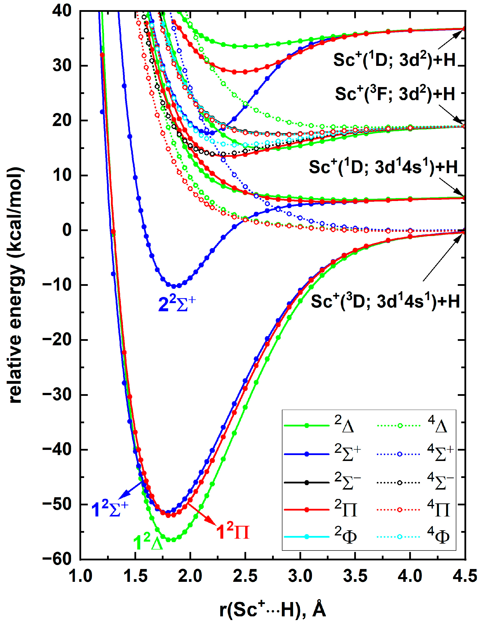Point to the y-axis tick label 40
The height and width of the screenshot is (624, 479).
(x=62, y=11)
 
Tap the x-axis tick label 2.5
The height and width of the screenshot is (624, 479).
(x=245, y=576)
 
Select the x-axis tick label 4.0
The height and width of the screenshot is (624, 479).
(x=410, y=576)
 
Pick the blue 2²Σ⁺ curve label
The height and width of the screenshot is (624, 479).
(x=177, y=304)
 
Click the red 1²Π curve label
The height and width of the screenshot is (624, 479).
(x=232, y=532)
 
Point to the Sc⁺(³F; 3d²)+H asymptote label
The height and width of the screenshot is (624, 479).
(x=395, y=94)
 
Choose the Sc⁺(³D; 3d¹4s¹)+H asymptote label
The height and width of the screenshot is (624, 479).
(x=385, y=301)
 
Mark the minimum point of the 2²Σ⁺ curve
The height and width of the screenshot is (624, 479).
(x=174, y=286)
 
